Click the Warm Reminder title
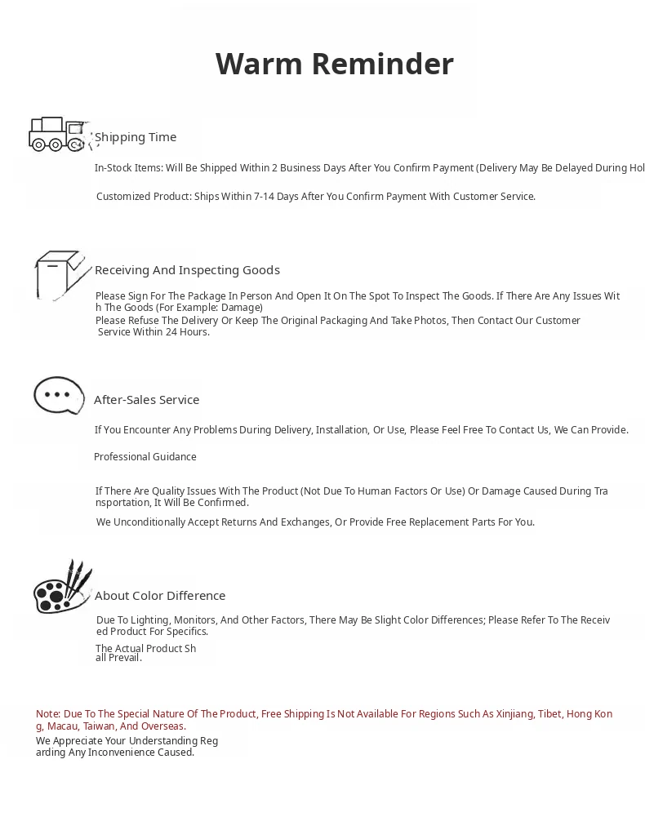click(334, 64)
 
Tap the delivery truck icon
click(58, 135)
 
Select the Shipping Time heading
click(136, 137)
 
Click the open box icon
click(60, 275)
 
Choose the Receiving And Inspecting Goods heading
click(187, 270)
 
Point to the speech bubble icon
click(59, 395)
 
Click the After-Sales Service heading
click(146, 400)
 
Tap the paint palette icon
click(61, 588)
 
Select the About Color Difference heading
click(160, 596)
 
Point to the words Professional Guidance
click(145, 457)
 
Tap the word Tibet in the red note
click(549, 714)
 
